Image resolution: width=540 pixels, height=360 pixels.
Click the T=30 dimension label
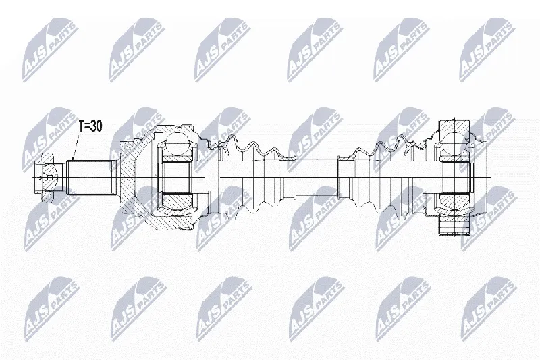click(x=91, y=126)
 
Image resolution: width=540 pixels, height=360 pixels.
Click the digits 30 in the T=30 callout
click(x=97, y=126)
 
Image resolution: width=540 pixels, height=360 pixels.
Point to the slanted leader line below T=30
click(x=76, y=147)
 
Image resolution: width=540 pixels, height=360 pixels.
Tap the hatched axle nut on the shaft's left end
click(x=45, y=178)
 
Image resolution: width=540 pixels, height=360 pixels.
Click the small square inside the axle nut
click(x=50, y=178)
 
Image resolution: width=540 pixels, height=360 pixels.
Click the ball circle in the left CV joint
click(x=177, y=145)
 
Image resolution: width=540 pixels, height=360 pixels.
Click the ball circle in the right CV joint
click(x=454, y=145)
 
